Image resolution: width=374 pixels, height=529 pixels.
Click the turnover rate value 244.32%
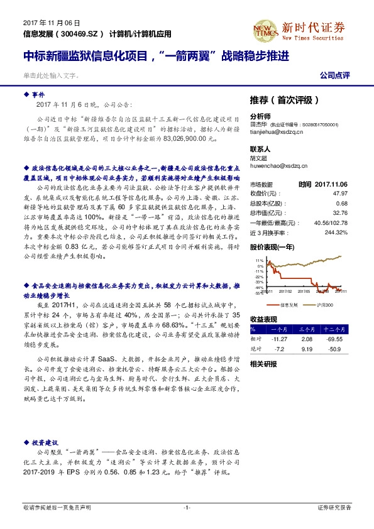pos(336,232)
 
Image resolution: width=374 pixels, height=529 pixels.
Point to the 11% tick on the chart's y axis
pos(259,259)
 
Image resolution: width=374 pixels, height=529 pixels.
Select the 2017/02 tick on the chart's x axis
pos(285,291)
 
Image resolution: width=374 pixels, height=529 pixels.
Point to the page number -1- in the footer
pos(187,507)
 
